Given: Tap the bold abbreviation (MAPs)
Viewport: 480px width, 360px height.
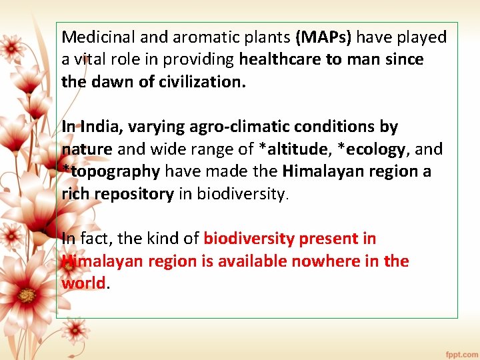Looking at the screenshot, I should (x=323, y=37).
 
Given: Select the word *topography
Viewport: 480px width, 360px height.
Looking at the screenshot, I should (x=111, y=171).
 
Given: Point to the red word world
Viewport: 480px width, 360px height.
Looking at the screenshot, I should (x=83, y=283).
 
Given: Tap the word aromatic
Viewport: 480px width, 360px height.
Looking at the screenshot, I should (x=185, y=37).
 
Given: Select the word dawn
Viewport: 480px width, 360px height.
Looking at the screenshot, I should (x=108, y=82).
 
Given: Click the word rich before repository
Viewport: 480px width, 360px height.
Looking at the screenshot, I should (x=75, y=194).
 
